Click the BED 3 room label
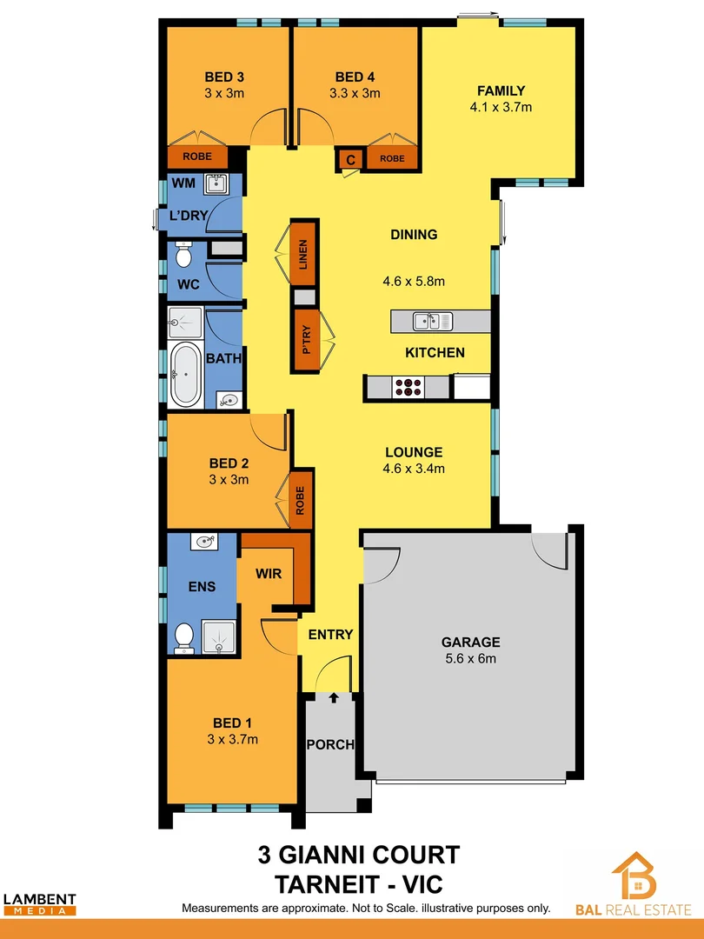223,76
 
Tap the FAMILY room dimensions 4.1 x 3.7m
500,108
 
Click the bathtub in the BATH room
184,375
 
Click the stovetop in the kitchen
408,388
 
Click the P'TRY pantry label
307,337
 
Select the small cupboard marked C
350,159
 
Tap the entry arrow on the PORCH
335,696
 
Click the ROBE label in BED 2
301,500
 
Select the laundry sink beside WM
214,183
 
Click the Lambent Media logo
39,904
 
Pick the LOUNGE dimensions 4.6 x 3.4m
415,469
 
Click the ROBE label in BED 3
196,158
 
